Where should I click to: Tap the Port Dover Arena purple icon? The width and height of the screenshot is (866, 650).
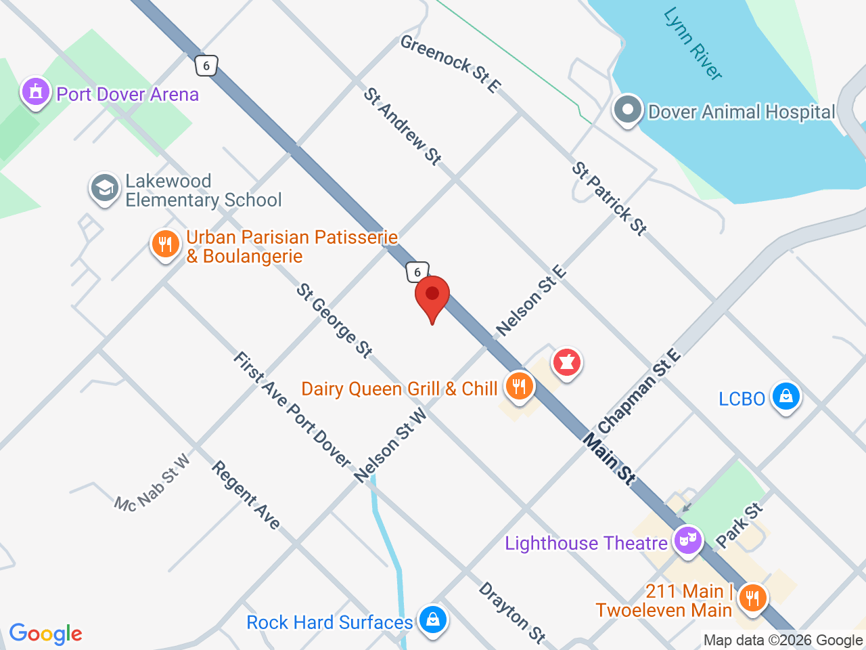click(36, 91)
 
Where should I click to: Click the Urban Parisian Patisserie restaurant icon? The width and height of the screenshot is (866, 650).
click(165, 244)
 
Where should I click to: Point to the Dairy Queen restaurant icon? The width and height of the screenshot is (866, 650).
click(519, 387)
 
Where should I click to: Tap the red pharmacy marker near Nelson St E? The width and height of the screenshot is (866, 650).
click(567, 363)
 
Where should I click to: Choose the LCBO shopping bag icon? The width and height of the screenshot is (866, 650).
click(785, 396)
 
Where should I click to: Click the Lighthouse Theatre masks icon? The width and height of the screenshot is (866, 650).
click(687, 541)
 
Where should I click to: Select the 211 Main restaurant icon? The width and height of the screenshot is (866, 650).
click(752, 598)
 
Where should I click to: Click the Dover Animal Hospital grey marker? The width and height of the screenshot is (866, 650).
click(627, 110)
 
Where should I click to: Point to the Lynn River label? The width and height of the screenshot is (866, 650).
click(693, 44)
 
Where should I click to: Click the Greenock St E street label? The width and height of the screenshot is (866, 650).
click(451, 63)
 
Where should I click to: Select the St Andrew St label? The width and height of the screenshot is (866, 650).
click(403, 126)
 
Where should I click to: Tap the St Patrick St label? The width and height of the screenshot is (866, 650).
click(610, 198)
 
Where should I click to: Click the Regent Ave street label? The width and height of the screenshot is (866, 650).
click(246, 495)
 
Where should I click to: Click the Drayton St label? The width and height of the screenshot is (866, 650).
click(512, 612)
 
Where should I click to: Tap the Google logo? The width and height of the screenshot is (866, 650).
click(45, 634)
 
